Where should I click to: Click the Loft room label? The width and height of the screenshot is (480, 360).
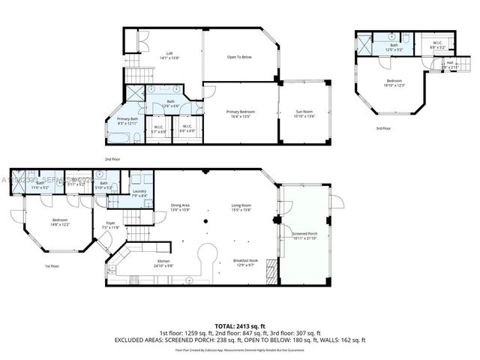(x=169, y=54)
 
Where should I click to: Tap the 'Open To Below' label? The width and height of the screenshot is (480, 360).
(x=239, y=57)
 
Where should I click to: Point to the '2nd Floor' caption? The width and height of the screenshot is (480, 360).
(x=113, y=159)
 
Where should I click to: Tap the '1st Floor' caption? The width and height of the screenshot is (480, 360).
(x=52, y=266)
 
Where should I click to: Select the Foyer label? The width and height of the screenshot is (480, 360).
(x=110, y=223)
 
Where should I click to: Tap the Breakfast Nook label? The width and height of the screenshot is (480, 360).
(x=246, y=262)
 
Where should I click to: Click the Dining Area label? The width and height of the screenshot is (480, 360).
(x=179, y=208)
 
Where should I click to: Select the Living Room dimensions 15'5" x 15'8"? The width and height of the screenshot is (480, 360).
(x=241, y=211)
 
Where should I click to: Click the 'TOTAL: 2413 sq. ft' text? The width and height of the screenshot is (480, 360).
(x=240, y=326)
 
